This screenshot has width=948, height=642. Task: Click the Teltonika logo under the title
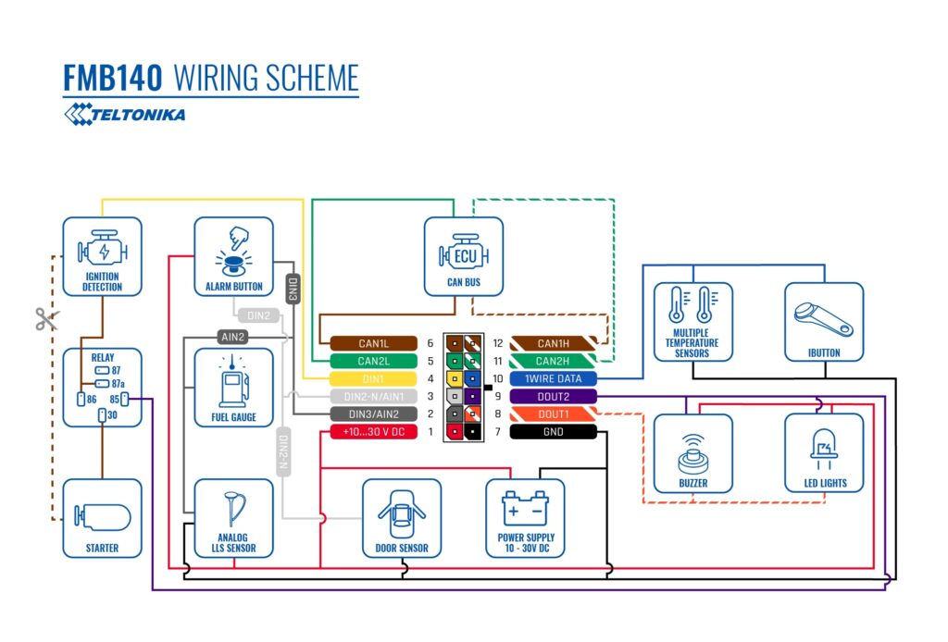(x=124, y=114)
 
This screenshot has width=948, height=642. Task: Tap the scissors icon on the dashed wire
(x=45, y=319)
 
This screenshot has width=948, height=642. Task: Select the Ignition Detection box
(x=102, y=256)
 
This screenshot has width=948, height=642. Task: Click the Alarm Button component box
(x=233, y=256)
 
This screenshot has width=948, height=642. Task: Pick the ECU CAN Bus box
(x=464, y=256)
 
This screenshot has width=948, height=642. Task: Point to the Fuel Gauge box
(x=233, y=387)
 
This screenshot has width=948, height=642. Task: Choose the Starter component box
(x=102, y=518)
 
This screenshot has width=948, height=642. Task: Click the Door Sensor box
(x=402, y=518)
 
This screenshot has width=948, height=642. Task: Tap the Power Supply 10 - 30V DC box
(x=525, y=518)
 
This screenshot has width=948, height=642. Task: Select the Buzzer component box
(x=692, y=453)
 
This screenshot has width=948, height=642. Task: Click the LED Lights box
(x=824, y=453)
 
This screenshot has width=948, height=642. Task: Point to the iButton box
(x=824, y=321)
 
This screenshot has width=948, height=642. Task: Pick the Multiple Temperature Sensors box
(x=692, y=321)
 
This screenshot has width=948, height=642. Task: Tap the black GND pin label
(x=554, y=432)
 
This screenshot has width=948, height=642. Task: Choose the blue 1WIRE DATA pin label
(x=554, y=379)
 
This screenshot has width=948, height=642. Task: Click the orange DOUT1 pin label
(x=554, y=414)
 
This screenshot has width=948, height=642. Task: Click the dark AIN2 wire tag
(x=232, y=337)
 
